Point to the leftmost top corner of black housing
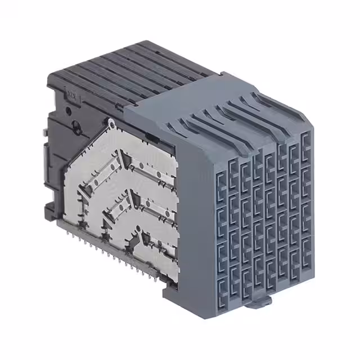(x=48, y=85)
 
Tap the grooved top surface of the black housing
(x=141, y=67)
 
